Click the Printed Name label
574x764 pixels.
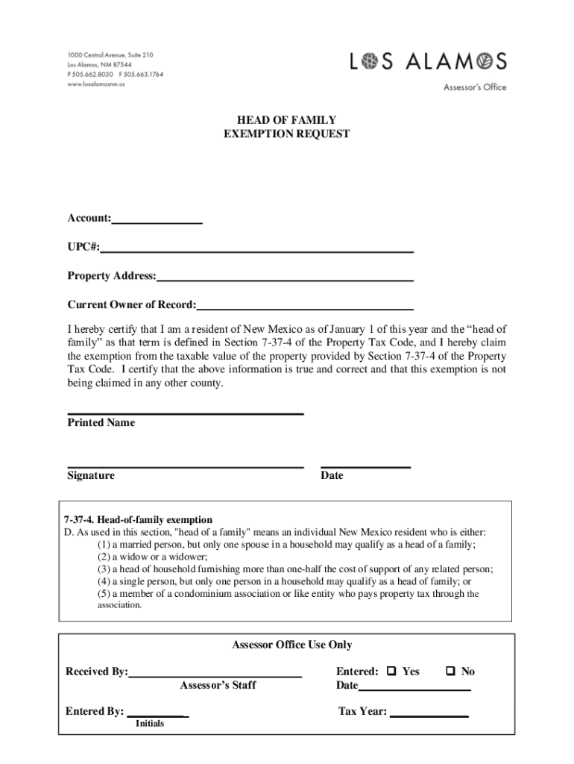point(101,423)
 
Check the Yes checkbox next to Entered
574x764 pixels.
point(391,671)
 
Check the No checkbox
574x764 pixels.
point(450,671)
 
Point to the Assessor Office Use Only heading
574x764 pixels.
point(291,645)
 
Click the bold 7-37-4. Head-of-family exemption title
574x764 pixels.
point(139,520)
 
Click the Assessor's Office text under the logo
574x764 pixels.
point(475,87)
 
